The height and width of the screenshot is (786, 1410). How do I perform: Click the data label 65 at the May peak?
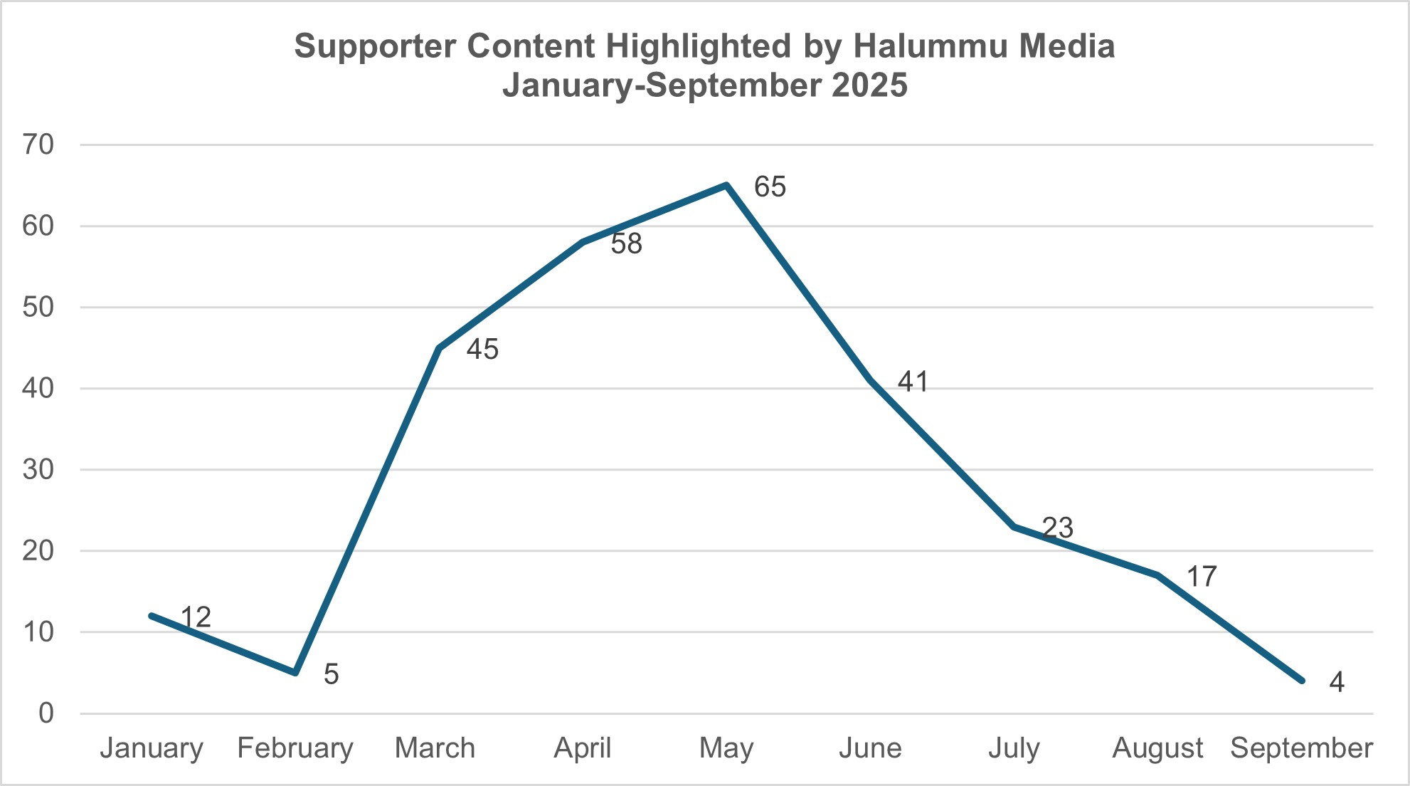[x=770, y=187]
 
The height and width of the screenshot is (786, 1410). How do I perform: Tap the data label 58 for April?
[x=626, y=244]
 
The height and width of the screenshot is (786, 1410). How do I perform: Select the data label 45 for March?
[x=482, y=350]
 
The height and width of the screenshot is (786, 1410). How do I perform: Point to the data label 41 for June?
[x=913, y=382]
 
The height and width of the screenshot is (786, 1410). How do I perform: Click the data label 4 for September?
[x=1337, y=683]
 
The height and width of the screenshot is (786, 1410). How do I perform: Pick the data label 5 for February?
[x=331, y=674]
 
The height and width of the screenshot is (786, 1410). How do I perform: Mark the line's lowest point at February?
[x=295, y=672]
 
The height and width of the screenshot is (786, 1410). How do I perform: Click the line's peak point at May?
[x=726, y=185]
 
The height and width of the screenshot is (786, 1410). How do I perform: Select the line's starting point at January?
[x=152, y=615]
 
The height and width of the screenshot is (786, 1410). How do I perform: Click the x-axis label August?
[x=1157, y=748]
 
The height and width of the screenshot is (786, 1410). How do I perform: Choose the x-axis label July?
[x=1014, y=748]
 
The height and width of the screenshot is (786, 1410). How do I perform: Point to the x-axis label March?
[x=435, y=748]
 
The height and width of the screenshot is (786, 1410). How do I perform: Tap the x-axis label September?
[x=1301, y=748]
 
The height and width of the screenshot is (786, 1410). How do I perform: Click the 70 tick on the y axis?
[x=38, y=145]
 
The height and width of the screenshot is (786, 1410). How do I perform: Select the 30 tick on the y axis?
[x=38, y=470]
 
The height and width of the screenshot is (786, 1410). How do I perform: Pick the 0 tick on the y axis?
[x=46, y=713]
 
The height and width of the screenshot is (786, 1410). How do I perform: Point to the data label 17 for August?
[x=1202, y=577]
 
